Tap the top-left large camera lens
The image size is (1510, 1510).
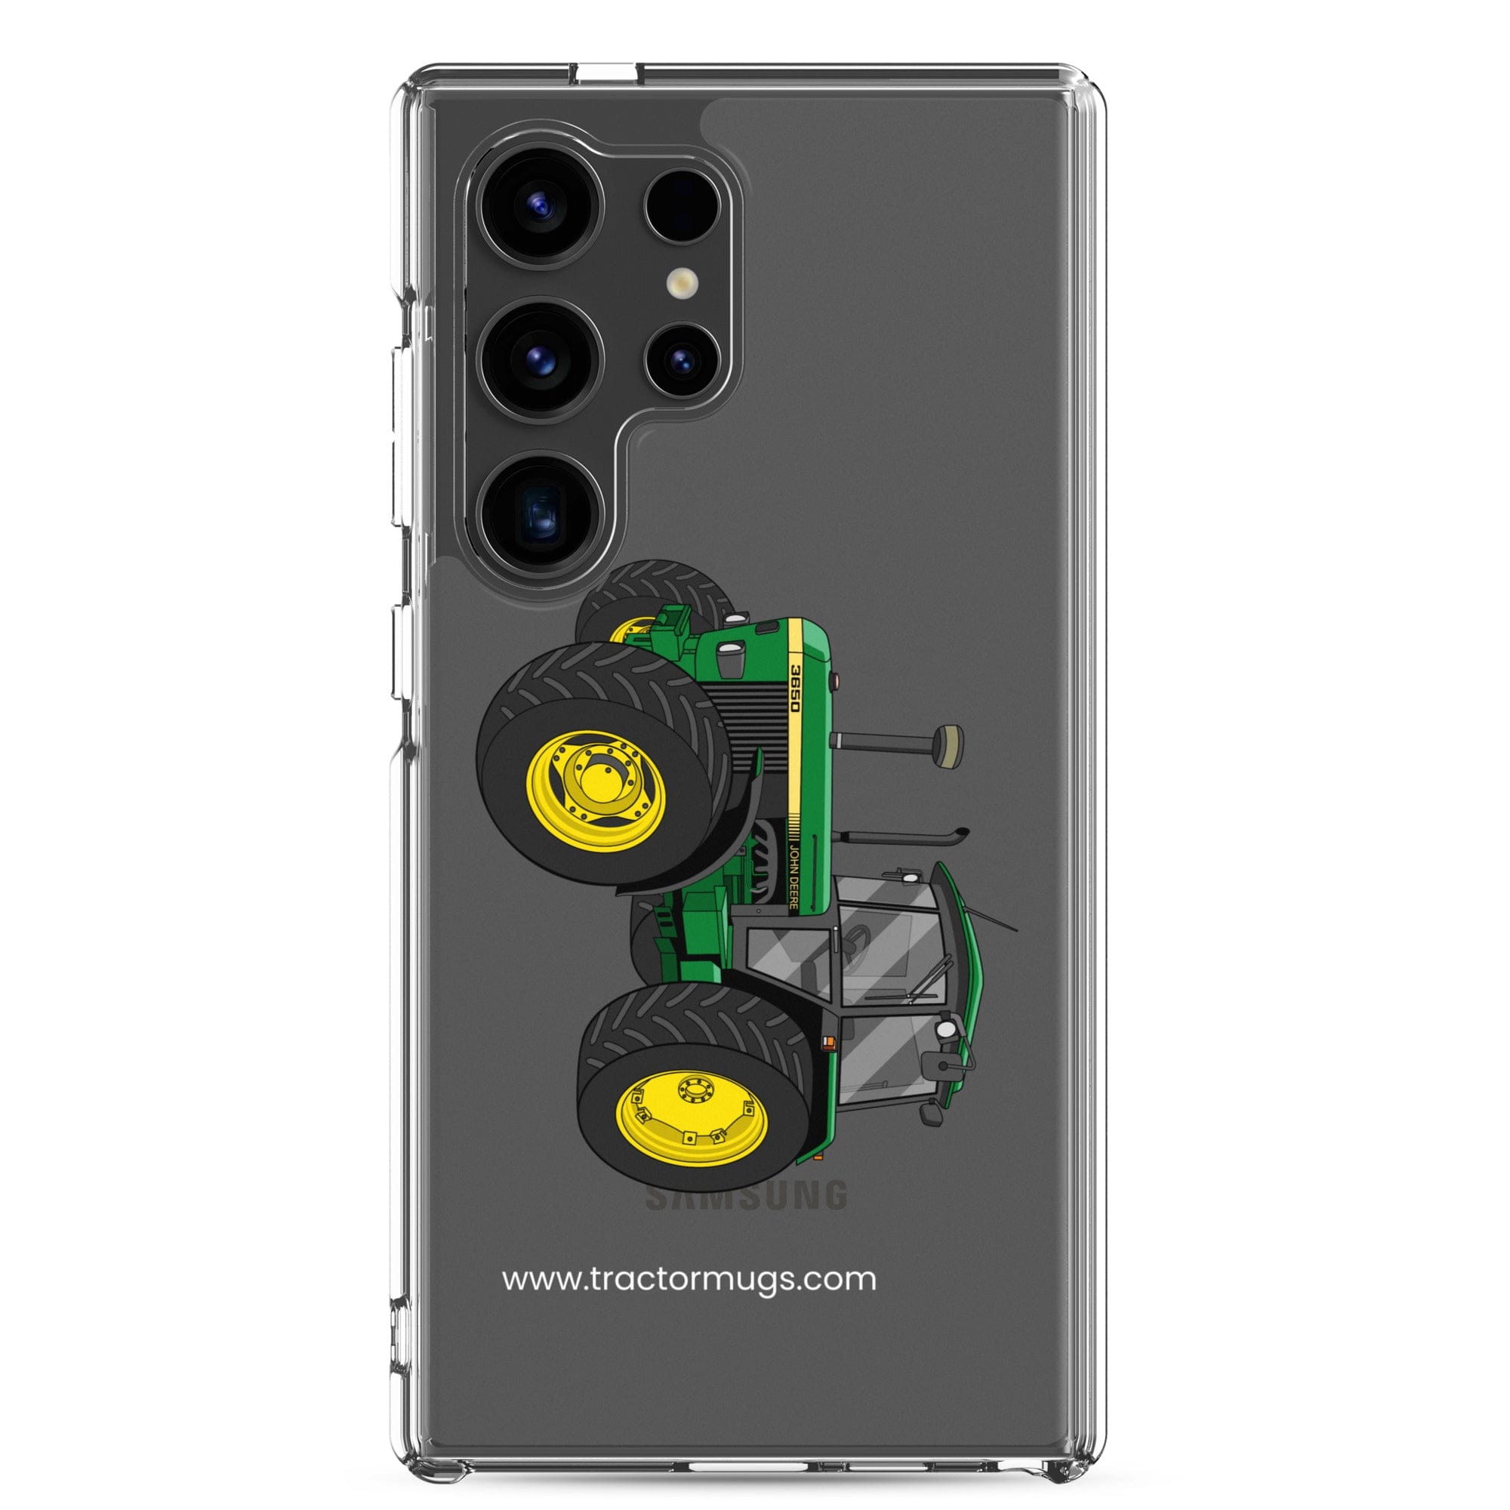541,206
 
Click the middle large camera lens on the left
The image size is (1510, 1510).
541,360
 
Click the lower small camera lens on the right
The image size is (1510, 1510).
682,360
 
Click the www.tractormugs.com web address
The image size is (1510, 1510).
689,1280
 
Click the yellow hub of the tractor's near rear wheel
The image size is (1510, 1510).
691,1108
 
